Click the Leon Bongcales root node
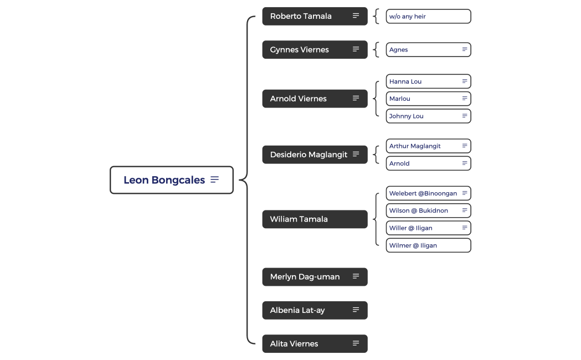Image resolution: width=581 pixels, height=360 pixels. (x=164, y=180)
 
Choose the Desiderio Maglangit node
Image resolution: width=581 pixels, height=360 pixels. (x=307, y=155)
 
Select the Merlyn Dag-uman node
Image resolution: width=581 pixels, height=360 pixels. (x=305, y=277)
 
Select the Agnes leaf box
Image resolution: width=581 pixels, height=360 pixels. (x=421, y=50)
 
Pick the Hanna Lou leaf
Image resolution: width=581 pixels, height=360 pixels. (x=421, y=81)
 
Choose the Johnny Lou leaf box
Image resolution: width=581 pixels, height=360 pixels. (x=421, y=116)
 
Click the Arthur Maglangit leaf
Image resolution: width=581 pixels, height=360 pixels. (x=421, y=146)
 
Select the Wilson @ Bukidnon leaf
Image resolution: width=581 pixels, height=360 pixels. (x=421, y=210)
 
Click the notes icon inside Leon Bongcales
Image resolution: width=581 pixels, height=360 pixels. (x=215, y=180)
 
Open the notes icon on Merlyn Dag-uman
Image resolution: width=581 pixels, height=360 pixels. (x=356, y=276)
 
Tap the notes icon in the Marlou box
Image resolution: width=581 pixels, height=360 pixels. (x=465, y=99)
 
